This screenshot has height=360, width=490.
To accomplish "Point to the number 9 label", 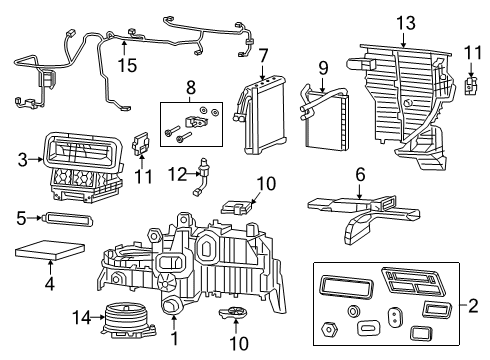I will tap(323, 68).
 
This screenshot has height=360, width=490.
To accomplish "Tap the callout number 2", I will tap(475, 304).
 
